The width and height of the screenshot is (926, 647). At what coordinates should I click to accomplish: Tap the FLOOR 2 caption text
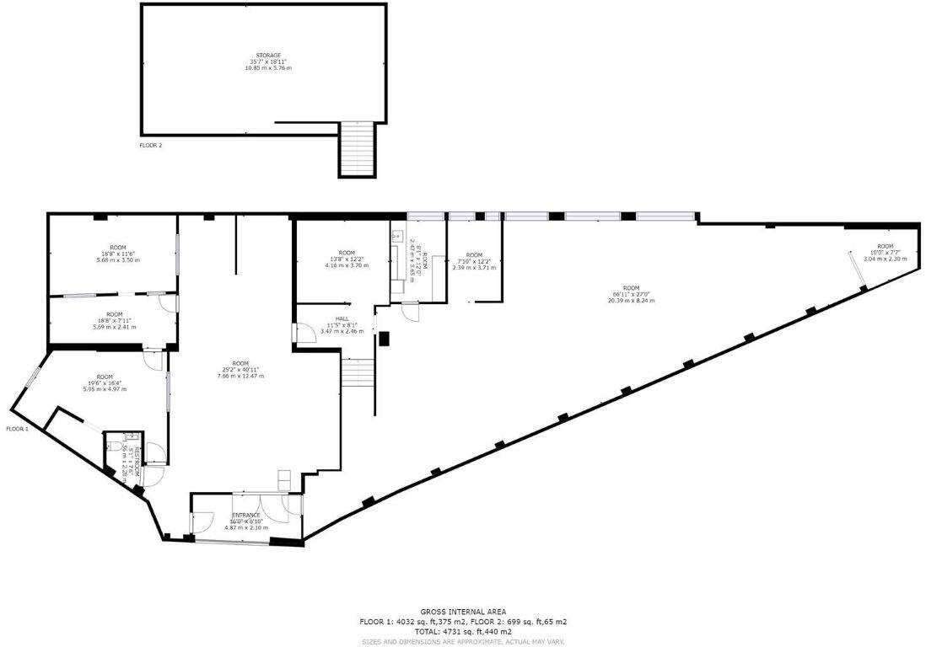click(151, 145)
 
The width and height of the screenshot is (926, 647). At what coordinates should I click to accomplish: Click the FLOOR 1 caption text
click(18, 429)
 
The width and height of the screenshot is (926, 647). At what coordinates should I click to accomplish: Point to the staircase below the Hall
click(358, 372)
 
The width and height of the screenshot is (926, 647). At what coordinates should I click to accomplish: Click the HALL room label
click(342, 318)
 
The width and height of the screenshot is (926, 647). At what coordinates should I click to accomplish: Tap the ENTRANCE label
click(246, 515)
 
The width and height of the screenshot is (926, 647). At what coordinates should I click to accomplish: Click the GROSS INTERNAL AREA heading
click(462, 612)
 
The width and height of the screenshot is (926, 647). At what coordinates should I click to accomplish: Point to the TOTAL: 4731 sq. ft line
click(462, 631)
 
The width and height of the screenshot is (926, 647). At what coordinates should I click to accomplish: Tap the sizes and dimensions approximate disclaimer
click(462, 641)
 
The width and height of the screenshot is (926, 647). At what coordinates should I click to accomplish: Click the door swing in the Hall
click(304, 333)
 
